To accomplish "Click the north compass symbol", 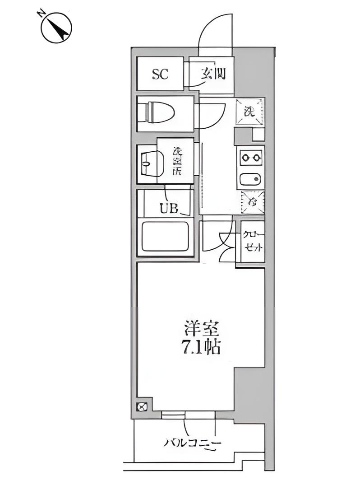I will click(56, 27).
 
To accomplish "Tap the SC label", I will click(160, 74).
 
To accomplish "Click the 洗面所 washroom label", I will click(176, 162).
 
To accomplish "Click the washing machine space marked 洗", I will click(249, 111).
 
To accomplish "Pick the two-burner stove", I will click(250, 158).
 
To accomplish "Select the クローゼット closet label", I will click(252, 242).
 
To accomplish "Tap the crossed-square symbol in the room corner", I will click(142, 406).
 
